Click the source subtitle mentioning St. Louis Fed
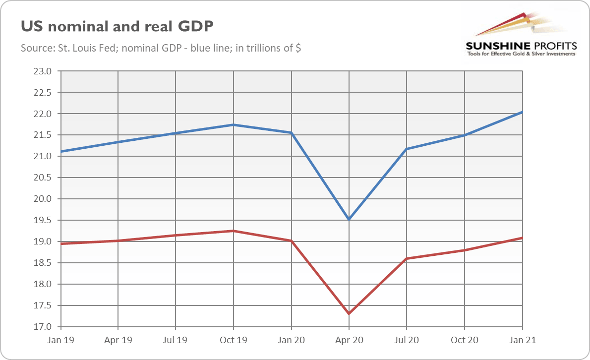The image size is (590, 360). tap(161, 49)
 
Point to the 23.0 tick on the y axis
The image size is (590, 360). tap(42, 71)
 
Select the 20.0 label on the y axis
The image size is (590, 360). tap(42, 199)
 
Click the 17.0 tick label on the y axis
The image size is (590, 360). tap(42, 327)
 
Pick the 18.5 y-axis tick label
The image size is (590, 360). tap(42, 263)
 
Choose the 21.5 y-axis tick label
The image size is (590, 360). tap(42, 135)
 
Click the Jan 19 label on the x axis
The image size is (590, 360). tap(60, 341)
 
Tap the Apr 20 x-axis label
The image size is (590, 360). tap(349, 341)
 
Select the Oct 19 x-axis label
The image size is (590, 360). tap(233, 341)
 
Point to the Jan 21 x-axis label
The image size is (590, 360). tap(522, 341)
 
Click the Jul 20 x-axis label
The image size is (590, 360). tap(407, 341)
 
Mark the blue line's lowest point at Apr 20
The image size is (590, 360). tap(349, 219)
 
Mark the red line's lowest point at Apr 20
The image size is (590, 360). tap(349, 313)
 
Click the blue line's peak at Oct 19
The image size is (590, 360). tap(233, 125)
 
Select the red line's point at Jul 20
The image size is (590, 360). tap(407, 258)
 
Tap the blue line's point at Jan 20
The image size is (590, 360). tap(291, 133)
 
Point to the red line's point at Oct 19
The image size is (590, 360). tap(233, 231)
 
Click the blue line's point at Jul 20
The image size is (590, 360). tap(407, 149)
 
